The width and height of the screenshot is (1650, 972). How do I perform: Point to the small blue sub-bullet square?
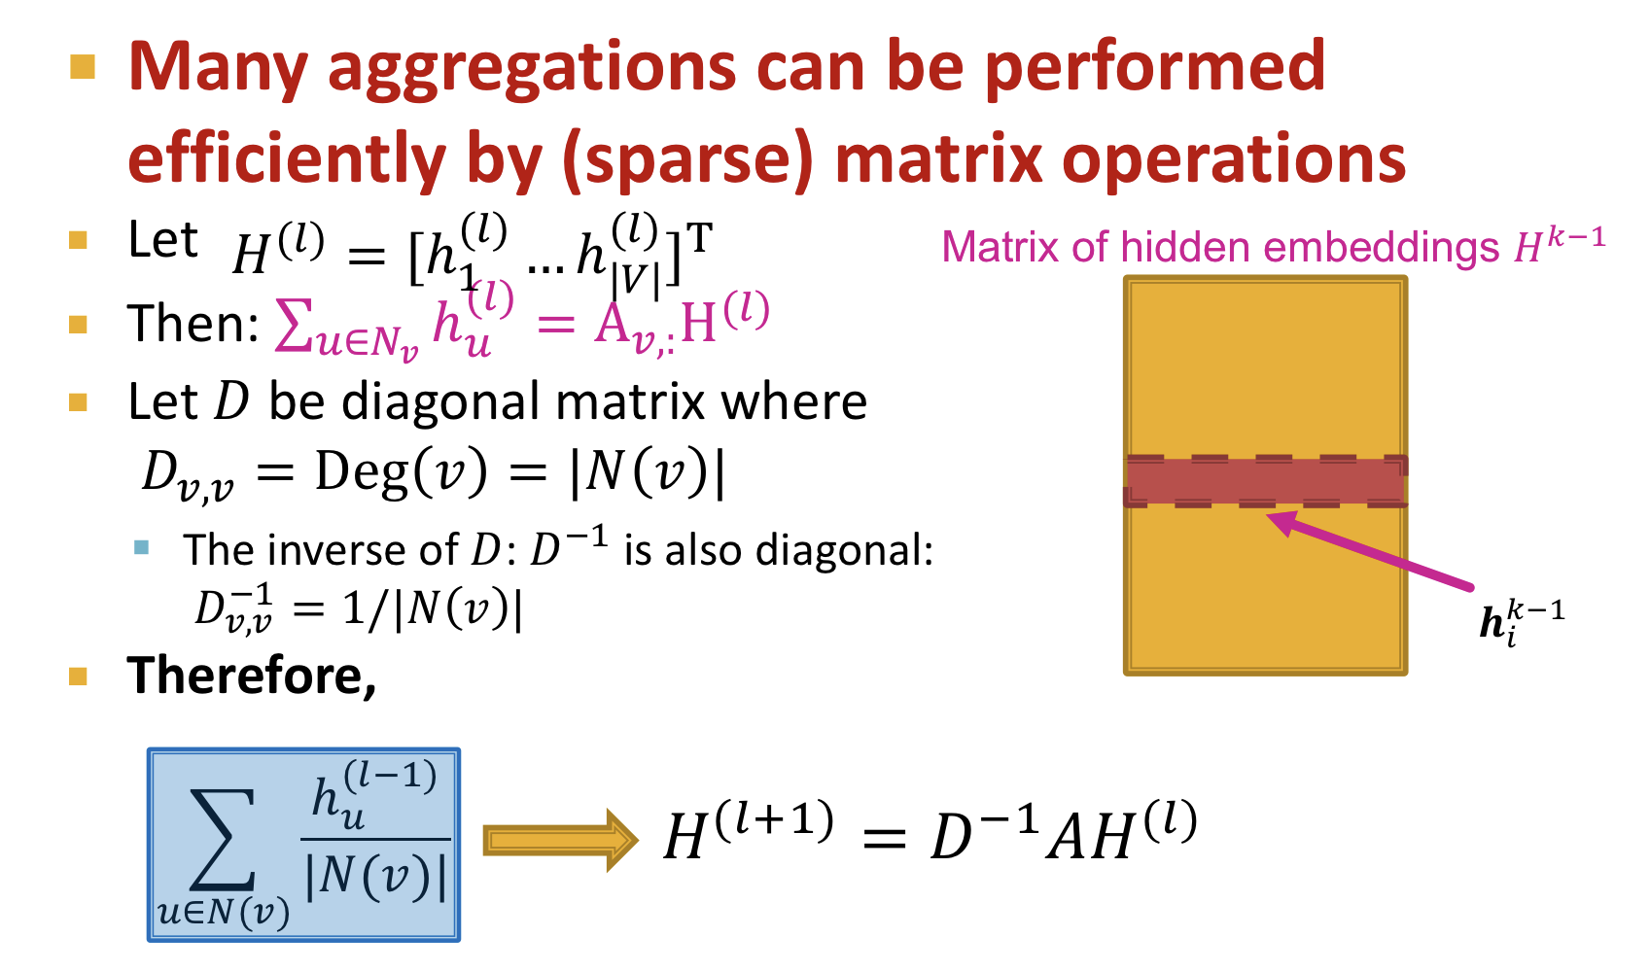click(142, 547)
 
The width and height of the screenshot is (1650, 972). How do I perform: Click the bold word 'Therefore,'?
click(252, 676)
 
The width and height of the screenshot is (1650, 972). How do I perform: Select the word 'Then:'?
click(192, 324)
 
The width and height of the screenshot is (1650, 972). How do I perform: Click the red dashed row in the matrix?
click(1265, 481)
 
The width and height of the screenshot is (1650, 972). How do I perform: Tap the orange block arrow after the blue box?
click(559, 840)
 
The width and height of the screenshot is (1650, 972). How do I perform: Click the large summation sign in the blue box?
click(223, 840)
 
